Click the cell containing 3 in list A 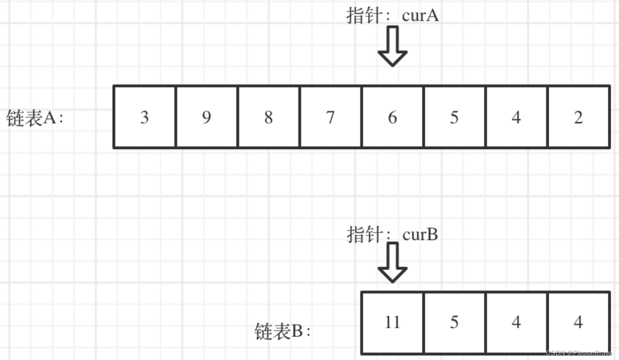click(x=144, y=117)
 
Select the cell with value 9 click(x=206, y=117)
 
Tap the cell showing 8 click(x=269, y=117)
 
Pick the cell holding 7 click(x=330, y=117)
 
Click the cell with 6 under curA click(x=392, y=117)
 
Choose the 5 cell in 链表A click(x=454, y=117)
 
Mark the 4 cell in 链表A click(x=516, y=117)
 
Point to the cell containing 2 click(x=578, y=117)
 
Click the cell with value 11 click(x=392, y=322)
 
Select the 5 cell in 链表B click(x=454, y=322)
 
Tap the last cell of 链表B click(x=578, y=322)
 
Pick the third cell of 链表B click(x=516, y=322)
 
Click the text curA click(x=420, y=16)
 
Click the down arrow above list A click(x=392, y=46)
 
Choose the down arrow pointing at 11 click(x=392, y=263)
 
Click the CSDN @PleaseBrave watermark click(x=582, y=352)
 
